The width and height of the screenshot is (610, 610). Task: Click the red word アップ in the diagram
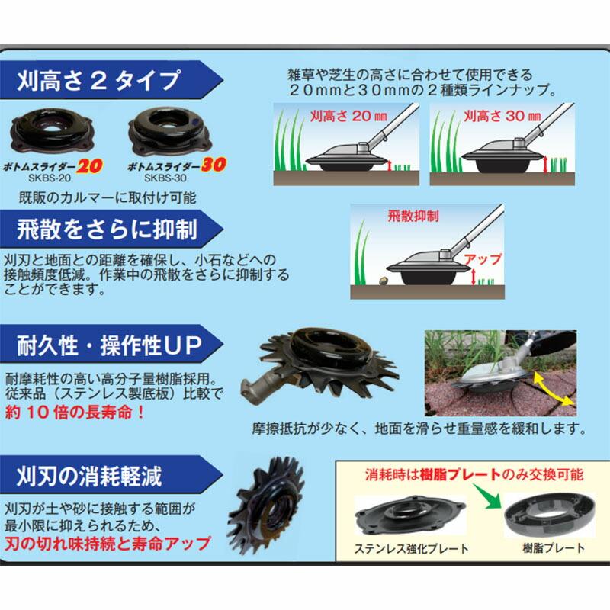pyautogui.click(x=480, y=259)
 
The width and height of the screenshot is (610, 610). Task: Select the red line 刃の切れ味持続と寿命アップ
pyautogui.click(x=107, y=544)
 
